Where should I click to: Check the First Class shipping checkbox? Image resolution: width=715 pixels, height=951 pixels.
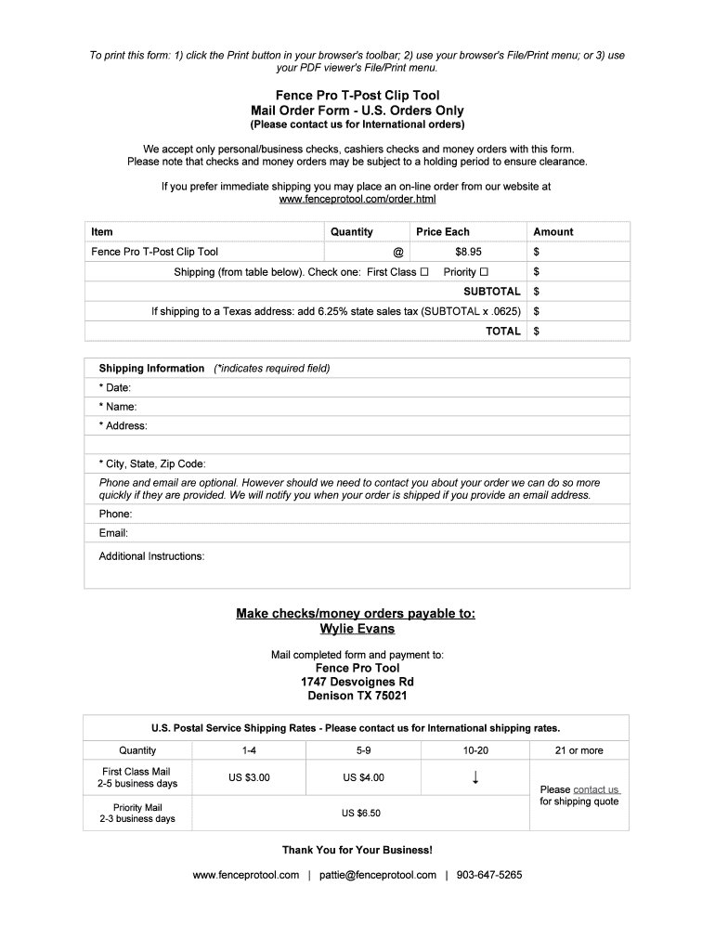[x=424, y=272]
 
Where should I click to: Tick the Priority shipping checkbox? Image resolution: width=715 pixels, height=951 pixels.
[x=484, y=272]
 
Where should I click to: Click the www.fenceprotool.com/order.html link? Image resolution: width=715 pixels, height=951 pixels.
[x=357, y=199]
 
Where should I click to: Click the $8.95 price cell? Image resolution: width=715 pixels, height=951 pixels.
[x=468, y=252]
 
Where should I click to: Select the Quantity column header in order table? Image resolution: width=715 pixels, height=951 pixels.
[x=352, y=232]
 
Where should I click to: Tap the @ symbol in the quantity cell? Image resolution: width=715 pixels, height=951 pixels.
[x=398, y=252]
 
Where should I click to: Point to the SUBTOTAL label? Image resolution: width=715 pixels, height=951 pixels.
[x=492, y=292]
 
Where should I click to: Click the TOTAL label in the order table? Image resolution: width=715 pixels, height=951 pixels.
[x=503, y=332]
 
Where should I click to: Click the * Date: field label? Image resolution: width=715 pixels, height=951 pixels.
[x=115, y=387]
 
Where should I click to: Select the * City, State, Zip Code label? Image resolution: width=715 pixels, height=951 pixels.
[x=152, y=463]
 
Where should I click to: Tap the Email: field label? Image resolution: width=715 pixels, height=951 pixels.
[x=113, y=533]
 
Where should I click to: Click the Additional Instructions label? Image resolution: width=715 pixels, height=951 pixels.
[x=152, y=556]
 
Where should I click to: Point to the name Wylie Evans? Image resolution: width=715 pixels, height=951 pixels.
[x=357, y=629]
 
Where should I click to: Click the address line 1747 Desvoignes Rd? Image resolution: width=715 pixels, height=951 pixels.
[x=357, y=682]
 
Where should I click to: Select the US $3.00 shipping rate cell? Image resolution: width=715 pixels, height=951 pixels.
[x=250, y=777]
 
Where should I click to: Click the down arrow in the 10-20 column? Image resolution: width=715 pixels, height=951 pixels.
[x=475, y=777]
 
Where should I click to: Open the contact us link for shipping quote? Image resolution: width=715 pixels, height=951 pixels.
[x=595, y=789]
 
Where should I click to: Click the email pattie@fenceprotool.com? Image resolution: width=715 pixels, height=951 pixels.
[x=378, y=875]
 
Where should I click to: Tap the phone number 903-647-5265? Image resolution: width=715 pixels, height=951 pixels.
[x=489, y=875]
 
